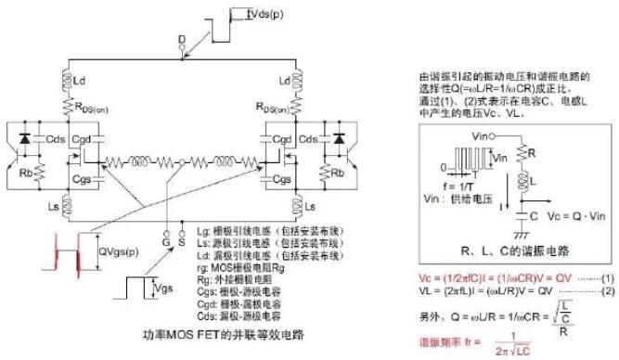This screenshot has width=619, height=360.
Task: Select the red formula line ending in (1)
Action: (515, 276)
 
